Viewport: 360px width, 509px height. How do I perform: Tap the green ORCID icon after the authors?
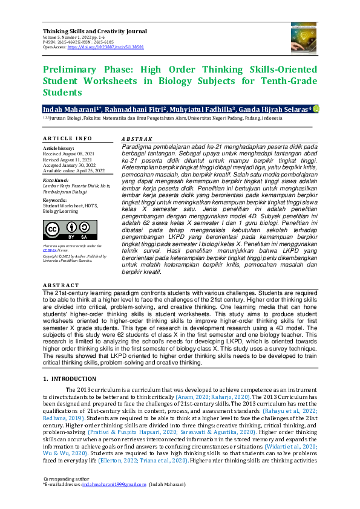315,108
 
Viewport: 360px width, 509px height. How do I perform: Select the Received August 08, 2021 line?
70,153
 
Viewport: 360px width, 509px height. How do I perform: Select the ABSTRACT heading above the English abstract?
61,285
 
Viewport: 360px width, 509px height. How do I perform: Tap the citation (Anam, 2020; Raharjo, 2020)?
209,397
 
